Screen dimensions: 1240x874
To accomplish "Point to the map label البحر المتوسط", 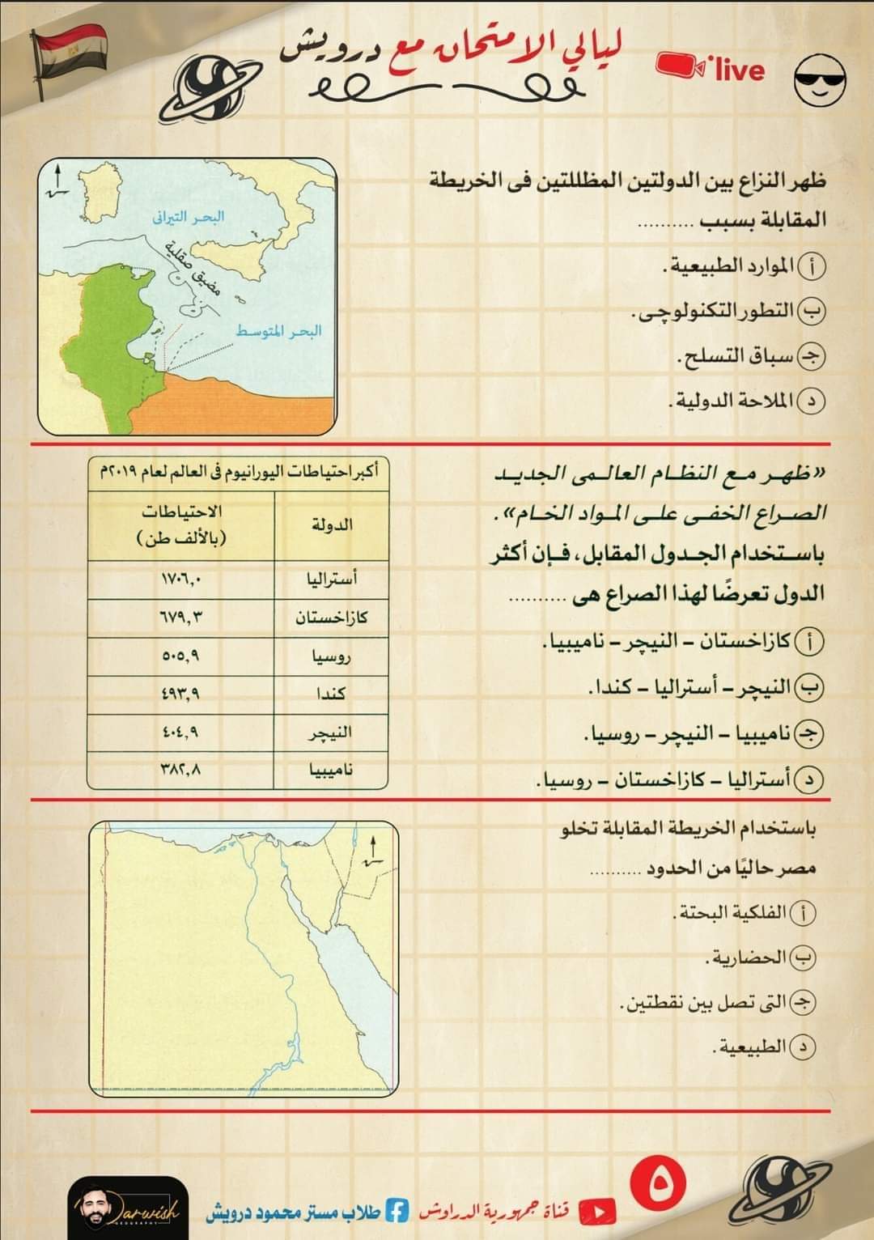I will coord(279,330).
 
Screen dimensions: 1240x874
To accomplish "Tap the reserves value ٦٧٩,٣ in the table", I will coord(181,618).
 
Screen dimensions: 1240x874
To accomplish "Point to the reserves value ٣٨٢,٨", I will coord(181,770).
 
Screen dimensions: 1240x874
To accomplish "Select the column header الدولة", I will coord(332,524).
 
